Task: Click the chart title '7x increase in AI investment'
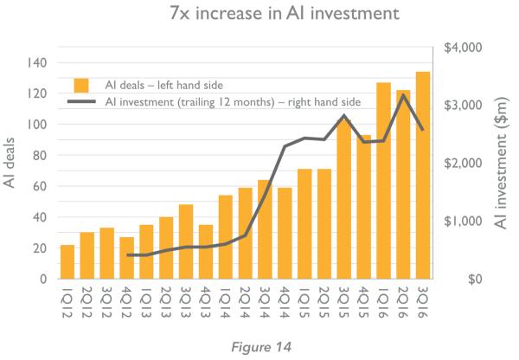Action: (x=285, y=13)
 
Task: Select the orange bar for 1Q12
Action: (x=67, y=261)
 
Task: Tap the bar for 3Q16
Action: (x=423, y=175)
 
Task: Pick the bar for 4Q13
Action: (x=206, y=252)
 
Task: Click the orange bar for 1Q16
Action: (x=383, y=181)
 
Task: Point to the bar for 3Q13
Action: (x=186, y=241)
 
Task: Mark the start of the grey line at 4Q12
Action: (x=128, y=254)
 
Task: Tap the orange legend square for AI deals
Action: (x=81, y=86)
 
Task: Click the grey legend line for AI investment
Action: (x=81, y=101)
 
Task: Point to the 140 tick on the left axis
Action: (x=37, y=62)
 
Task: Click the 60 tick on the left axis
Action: (x=40, y=186)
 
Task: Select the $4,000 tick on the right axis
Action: (x=463, y=48)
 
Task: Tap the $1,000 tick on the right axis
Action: (x=463, y=221)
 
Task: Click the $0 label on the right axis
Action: (x=475, y=280)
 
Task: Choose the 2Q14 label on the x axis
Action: (x=245, y=301)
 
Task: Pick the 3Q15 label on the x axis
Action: (x=343, y=301)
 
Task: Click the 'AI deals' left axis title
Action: (x=10, y=163)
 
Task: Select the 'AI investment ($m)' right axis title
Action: (x=501, y=163)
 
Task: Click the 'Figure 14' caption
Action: (x=261, y=347)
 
